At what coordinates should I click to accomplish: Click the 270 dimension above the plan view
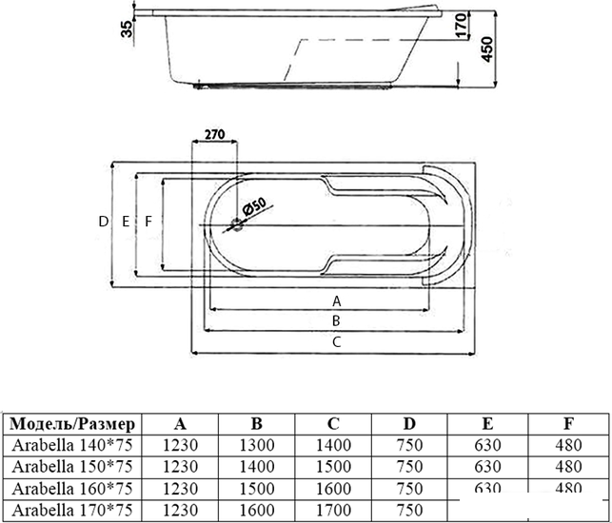point(215,134)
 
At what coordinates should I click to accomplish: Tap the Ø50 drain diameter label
point(254,206)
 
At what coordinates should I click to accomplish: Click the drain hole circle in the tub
point(237,225)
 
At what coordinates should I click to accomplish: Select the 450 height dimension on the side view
point(486,49)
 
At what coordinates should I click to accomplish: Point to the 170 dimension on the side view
point(461,25)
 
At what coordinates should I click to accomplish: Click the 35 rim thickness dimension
point(127,29)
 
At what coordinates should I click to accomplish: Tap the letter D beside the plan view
point(103,222)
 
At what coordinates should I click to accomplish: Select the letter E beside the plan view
point(126,222)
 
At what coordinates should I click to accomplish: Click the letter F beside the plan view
point(148,222)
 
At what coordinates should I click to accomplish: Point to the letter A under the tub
point(336,301)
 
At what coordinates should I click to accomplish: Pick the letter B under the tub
point(336,321)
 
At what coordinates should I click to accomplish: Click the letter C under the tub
point(336,342)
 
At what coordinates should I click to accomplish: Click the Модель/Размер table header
point(72,424)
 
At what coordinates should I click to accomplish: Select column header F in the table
point(568,423)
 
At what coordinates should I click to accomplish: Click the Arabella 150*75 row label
point(72,467)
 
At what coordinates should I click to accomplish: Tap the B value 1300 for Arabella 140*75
point(257,445)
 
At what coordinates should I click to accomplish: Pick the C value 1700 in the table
point(333,510)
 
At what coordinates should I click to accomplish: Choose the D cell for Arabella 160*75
point(409,488)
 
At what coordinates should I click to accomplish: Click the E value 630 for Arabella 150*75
point(487,467)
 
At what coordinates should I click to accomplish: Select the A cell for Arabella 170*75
point(180,510)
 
